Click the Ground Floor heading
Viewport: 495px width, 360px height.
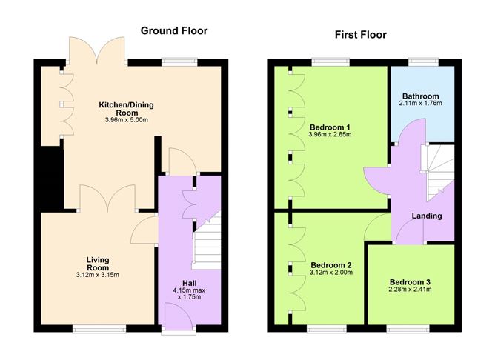[x=174, y=31]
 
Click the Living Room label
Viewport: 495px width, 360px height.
[x=98, y=263]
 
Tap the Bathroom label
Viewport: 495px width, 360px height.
[x=420, y=96]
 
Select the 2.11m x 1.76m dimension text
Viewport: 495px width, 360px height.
[x=420, y=104]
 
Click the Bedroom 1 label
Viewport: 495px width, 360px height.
[x=330, y=126]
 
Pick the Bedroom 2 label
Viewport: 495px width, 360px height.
[x=330, y=264]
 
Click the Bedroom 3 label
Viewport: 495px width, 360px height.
[x=411, y=281]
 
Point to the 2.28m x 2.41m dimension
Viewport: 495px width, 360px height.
[x=411, y=290]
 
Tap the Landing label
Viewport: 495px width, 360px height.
[x=427, y=216]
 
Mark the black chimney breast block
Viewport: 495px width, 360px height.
[x=51, y=178]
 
